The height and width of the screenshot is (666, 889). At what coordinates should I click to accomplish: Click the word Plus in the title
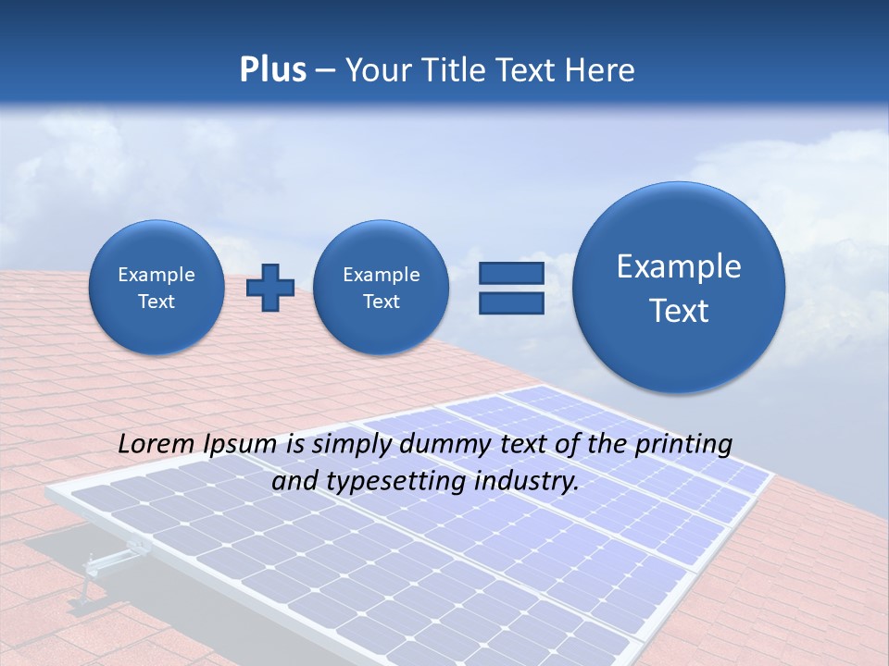point(272,70)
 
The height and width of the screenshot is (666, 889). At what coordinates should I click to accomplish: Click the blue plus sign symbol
point(269,287)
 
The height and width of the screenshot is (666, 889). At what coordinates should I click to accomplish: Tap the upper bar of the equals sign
point(510,273)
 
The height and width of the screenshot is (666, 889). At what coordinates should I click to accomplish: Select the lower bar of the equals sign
point(510,302)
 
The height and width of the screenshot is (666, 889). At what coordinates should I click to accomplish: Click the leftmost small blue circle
point(157,287)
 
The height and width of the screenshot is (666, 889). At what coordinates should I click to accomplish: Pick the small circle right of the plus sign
point(381,287)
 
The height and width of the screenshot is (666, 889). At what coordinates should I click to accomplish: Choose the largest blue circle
point(679,287)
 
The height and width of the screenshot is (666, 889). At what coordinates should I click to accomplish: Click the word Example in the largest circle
point(679,266)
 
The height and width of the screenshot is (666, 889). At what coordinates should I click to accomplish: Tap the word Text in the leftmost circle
point(157,302)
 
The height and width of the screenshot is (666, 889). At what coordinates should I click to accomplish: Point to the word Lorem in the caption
point(157,445)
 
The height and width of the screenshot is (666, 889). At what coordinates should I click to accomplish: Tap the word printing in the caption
point(683,445)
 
